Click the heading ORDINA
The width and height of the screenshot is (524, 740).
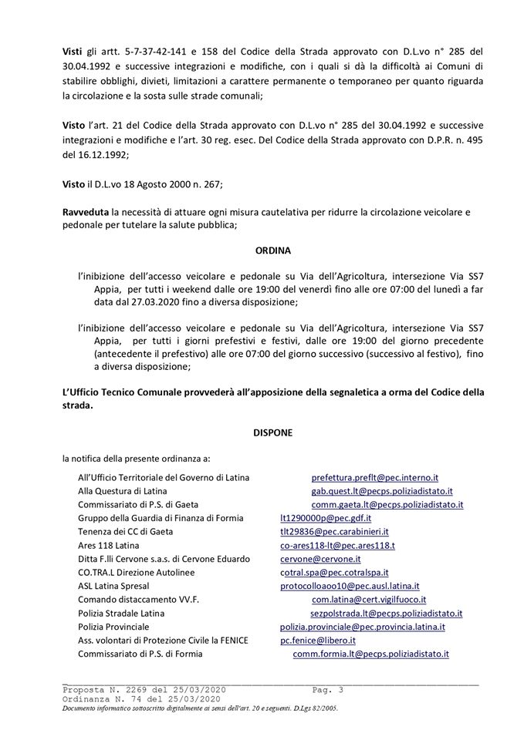click(x=272, y=251)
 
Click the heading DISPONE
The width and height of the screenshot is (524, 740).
click(x=272, y=434)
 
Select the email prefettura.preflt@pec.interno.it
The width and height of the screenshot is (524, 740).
click(x=374, y=478)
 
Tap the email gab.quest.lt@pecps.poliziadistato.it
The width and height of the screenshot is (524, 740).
click(x=381, y=491)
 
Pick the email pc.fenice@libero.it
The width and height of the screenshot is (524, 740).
click(x=317, y=640)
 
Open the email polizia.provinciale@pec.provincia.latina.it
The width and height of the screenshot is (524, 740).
click(x=362, y=627)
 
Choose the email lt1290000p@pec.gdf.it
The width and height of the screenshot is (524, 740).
click(x=325, y=518)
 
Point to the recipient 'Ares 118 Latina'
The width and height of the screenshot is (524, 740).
click(x=109, y=545)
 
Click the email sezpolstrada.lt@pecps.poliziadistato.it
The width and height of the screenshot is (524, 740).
click(x=386, y=613)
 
